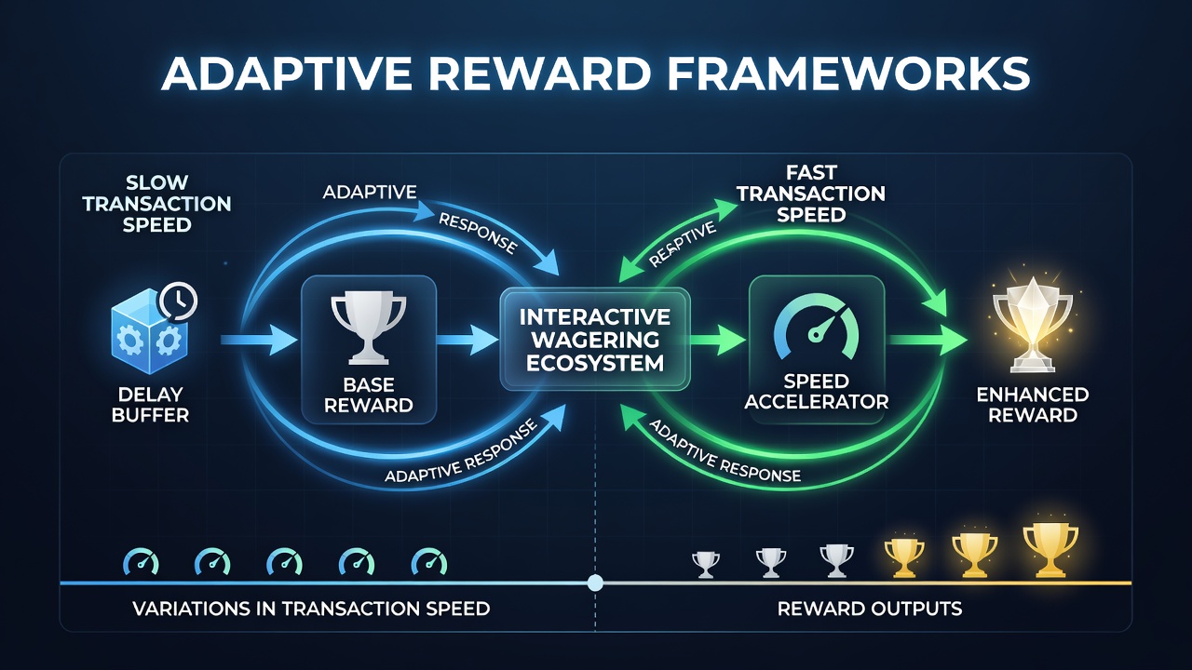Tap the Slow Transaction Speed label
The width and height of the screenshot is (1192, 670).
click(157, 204)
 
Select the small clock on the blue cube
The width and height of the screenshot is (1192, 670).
click(178, 301)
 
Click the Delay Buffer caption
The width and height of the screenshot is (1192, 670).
click(150, 405)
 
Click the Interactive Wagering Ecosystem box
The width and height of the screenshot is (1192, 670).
click(595, 340)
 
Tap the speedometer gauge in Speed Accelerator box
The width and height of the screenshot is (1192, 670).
click(817, 326)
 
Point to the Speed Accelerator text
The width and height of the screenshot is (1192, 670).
click(817, 392)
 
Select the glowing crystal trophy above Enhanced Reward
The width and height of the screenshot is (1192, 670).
click(1033, 325)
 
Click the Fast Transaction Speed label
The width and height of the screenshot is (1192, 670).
click(811, 194)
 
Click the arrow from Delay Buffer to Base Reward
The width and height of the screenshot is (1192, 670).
click(259, 340)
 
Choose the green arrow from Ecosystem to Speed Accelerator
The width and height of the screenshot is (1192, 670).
click(718, 340)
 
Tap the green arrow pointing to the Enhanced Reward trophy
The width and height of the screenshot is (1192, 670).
click(928, 340)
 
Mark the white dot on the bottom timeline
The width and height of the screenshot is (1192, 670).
click(595, 583)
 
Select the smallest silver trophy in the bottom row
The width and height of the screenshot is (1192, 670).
click(706, 565)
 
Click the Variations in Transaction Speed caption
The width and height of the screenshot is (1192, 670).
click(311, 609)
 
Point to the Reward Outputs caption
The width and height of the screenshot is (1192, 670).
click(870, 609)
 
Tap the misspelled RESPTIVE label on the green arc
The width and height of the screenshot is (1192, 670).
click(683, 244)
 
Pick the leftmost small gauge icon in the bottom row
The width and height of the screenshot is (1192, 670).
click(141, 563)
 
